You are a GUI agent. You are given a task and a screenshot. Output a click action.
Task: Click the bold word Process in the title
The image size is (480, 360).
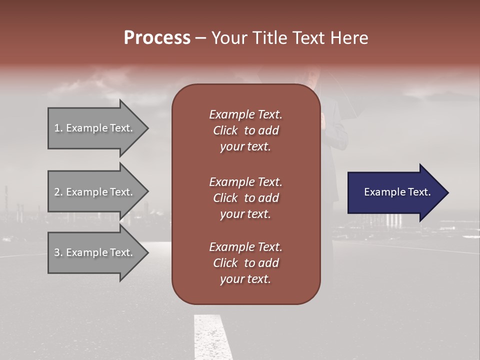pos(157,38)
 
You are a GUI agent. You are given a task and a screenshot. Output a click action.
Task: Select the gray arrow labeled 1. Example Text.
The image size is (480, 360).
pos(95,128)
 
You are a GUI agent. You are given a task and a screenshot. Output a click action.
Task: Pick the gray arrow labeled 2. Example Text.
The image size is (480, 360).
pos(95,192)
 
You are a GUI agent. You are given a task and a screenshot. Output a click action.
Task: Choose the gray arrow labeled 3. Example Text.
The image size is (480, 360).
pos(95,252)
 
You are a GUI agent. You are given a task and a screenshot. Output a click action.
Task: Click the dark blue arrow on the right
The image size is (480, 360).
pos(395,192)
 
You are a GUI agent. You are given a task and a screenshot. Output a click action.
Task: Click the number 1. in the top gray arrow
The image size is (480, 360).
pos(58,128)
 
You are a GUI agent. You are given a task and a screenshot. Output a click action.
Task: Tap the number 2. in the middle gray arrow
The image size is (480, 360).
pos(58,192)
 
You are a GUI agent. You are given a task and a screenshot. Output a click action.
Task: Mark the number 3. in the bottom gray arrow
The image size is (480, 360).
pos(58,252)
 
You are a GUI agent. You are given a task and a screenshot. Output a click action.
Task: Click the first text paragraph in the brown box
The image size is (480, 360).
pos(245,130)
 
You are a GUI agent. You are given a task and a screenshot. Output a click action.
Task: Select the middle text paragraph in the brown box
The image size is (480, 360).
pos(245,198)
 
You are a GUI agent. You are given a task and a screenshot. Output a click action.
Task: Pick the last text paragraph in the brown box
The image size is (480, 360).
pos(245,263)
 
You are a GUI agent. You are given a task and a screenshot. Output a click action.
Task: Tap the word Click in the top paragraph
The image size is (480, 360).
pos(225,130)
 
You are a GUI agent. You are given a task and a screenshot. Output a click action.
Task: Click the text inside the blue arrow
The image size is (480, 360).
pos(397,192)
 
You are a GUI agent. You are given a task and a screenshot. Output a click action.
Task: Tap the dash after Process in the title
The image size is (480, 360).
pos(200,38)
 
